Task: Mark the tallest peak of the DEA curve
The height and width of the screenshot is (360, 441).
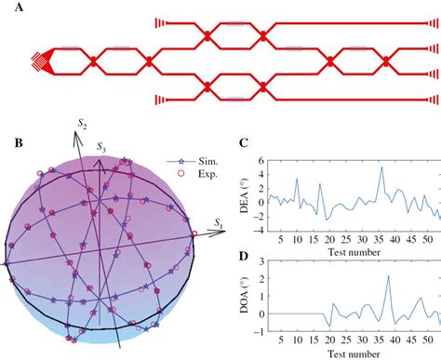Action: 381,167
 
